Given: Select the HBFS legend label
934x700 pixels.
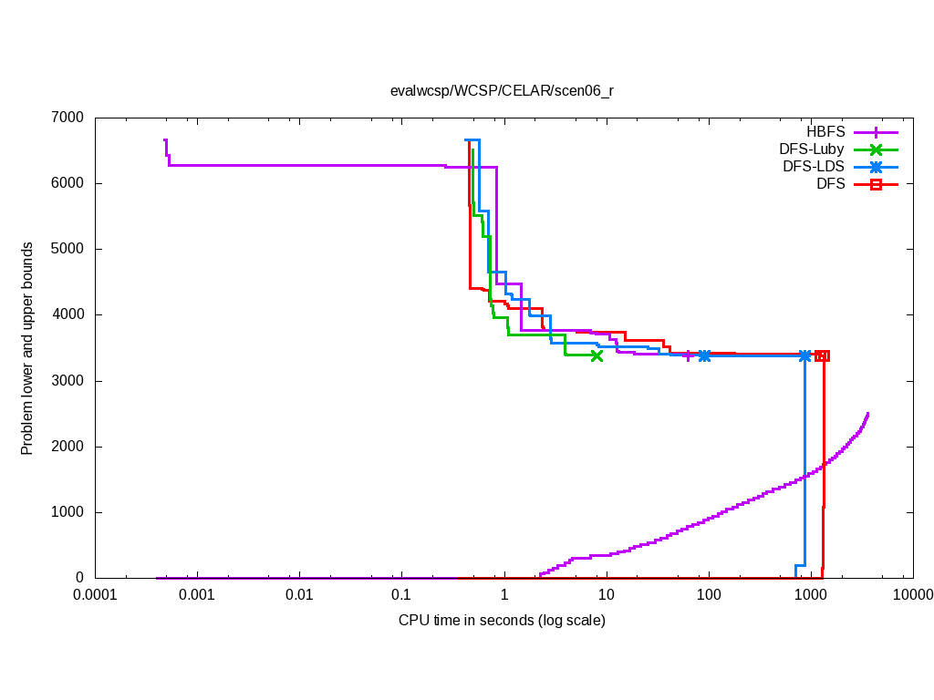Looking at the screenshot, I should [x=825, y=132].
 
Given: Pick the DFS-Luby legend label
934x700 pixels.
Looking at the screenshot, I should [x=812, y=149].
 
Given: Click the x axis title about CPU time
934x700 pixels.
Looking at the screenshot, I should [x=502, y=621].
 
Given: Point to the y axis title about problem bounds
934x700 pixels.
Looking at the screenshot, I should [x=28, y=348].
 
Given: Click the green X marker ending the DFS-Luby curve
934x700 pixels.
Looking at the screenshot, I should [x=597, y=355].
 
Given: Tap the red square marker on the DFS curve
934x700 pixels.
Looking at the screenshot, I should [x=822, y=355].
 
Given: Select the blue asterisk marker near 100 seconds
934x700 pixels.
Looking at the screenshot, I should [x=704, y=355].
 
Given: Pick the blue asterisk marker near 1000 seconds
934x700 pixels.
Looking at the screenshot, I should [x=804, y=355].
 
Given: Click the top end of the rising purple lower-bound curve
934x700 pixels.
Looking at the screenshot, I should [x=867, y=414].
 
